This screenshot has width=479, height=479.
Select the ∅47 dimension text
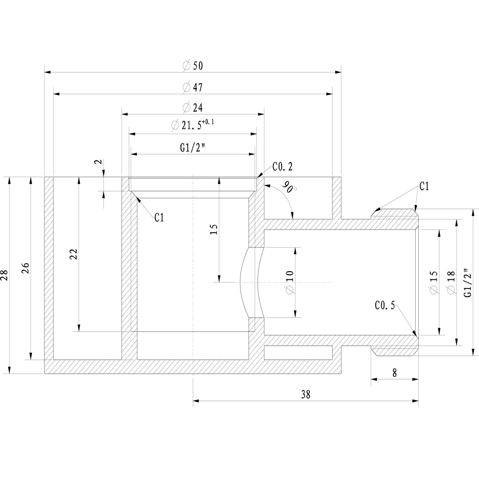(x=193, y=88)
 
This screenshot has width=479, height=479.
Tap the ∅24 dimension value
(x=193, y=107)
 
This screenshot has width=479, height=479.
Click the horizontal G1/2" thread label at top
(x=193, y=148)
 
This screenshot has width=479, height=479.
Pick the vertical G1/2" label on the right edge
(x=469, y=283)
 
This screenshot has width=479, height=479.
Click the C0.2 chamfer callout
(x=282, y=167)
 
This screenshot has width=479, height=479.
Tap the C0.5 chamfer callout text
(x=385, y=305)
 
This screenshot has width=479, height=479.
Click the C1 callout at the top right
(x=424, y=186)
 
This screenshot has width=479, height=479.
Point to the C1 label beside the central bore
(x=159, y=218)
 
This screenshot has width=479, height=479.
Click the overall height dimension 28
(x=5, y=275)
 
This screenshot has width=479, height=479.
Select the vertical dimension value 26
(x=26, y=267)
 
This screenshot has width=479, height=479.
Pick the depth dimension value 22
(x=73, y=254)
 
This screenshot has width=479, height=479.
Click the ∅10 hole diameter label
(x=289, y=282)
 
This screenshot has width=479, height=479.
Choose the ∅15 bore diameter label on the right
(x=433, y=283)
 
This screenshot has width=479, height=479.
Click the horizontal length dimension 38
(x=306, y=395)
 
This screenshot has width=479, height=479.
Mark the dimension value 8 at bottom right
(x=394, y=373)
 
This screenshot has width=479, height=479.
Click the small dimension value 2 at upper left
(x=99, y=162)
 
